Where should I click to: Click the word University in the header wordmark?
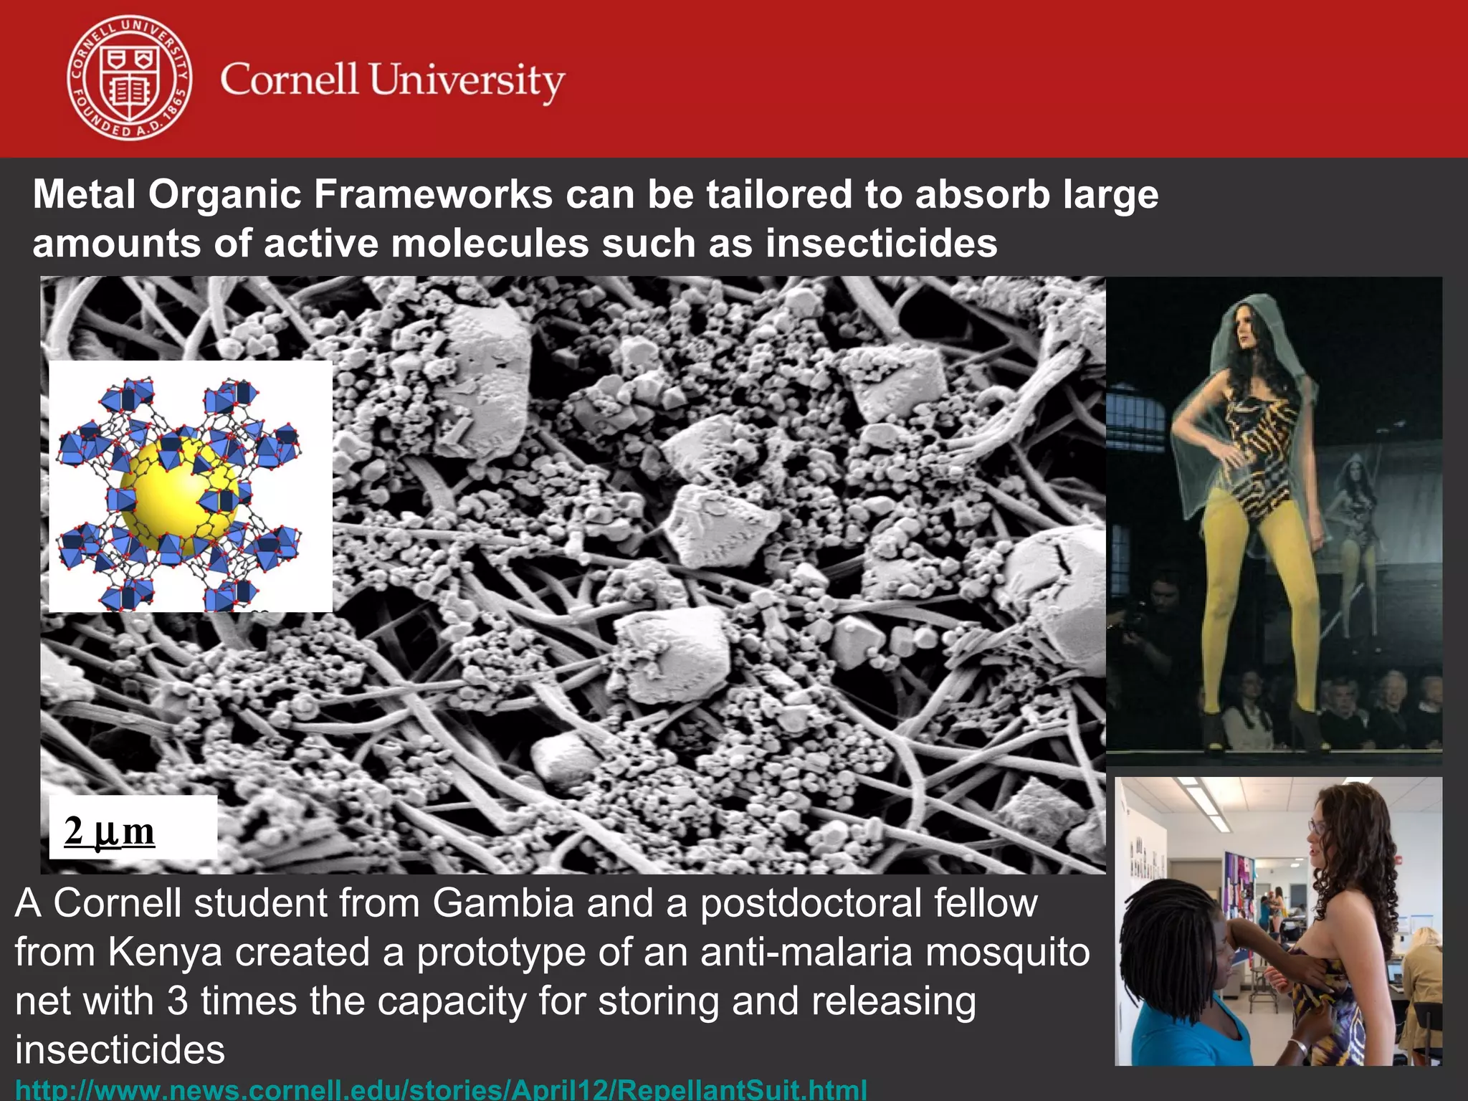tap(467, 80)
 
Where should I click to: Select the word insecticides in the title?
tap(881, 243)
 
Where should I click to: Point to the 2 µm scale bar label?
tap(110, 831)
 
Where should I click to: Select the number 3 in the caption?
tap(178, 1001)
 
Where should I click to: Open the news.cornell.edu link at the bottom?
tap(441, 1090)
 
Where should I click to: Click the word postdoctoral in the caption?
tap(811, 902)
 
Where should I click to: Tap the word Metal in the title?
tap(84, 194)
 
